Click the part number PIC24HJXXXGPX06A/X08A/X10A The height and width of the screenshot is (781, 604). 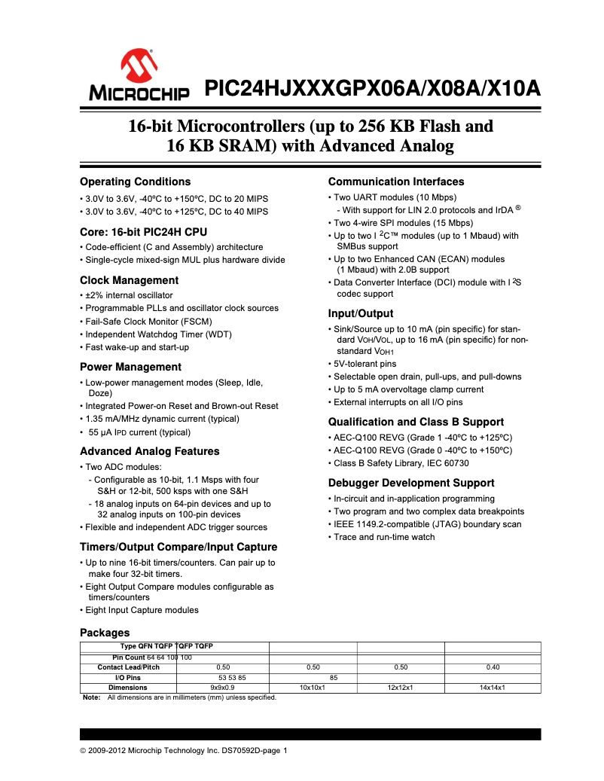point(373,89)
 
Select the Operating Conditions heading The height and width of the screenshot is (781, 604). point(135,182)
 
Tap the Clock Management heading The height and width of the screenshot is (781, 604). point(129,280)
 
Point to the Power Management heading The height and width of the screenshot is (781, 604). point(130,367)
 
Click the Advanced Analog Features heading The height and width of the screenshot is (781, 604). point(149,451)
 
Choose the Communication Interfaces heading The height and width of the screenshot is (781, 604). point(396,182)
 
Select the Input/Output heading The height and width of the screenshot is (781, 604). point(361,313)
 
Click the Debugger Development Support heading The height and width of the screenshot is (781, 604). point(411,483)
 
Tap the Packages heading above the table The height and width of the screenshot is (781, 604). point(105,633)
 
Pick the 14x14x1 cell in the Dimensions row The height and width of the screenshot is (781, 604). point(493,688)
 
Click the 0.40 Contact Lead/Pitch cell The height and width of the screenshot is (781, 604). point(493,667)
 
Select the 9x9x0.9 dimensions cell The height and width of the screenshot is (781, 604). point(223,688)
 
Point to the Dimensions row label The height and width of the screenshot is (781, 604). point(128,688)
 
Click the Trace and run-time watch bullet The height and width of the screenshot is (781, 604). point(384,537)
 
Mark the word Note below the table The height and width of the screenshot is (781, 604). point(91,697)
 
